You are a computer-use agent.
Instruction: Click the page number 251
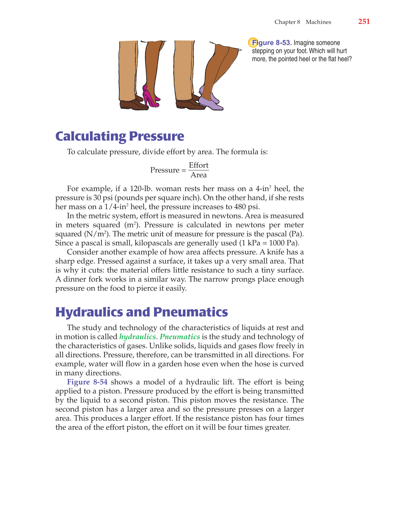pos(364,22)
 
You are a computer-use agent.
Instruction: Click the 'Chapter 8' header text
pos(287,22)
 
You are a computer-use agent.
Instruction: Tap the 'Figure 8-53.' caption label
pos(272,43)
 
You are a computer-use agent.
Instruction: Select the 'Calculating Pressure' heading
pos(120,136)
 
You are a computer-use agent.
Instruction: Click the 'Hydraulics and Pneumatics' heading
pos(141,312)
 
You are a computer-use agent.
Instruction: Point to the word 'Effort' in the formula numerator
pos(198,165)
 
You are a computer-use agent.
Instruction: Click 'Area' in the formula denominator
pos(198,175)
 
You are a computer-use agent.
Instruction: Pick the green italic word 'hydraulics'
pos(137,337)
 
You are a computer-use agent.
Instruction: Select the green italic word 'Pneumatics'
pos(180,337)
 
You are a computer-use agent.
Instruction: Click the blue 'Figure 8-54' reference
pos(87,382)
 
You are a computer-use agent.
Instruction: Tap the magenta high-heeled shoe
pos(150,98)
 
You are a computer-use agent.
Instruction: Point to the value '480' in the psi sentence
pos(240,207)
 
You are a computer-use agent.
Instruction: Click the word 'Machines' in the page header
pos(318,22)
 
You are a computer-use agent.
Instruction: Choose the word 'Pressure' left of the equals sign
pos(165,170)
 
